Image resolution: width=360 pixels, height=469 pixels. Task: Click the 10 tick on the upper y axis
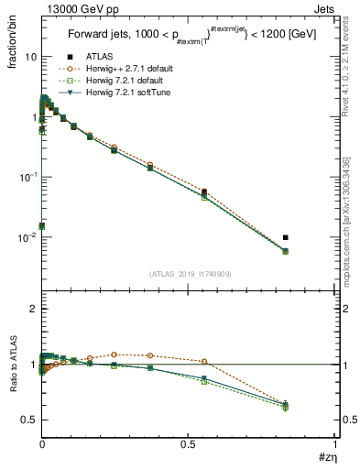[x=29, y=57]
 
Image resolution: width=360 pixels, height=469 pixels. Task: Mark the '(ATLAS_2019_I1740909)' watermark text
[x=189, y=274]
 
